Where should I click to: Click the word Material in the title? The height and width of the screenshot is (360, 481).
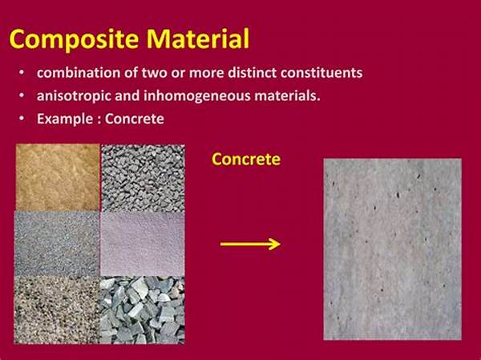click(198, 38)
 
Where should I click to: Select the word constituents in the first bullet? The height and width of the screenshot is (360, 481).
click(321, 73)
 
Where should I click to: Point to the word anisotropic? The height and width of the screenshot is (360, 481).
click(74, 96)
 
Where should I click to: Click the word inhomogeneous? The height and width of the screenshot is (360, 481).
click(196, 96)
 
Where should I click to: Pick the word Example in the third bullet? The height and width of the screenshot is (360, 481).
click(64, 119)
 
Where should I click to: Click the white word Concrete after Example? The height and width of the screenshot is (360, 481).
click(135, 119)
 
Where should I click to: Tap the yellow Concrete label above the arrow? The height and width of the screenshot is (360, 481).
click(246, 159)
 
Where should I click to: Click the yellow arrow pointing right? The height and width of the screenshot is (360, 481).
click(250, 245)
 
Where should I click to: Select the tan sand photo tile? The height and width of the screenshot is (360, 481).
click(58, 177)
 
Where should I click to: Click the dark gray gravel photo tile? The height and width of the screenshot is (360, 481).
click(143, 178)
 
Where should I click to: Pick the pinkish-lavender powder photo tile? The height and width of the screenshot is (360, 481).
click(143, 244)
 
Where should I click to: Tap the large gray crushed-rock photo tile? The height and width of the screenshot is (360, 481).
click(143, 309)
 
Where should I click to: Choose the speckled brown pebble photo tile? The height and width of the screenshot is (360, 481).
click(57, 309)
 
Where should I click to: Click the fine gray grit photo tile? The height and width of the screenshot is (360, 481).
click(57, 244)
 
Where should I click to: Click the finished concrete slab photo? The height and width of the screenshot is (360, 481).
click(392, 249)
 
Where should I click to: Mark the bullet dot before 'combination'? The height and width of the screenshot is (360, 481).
click(21, 73)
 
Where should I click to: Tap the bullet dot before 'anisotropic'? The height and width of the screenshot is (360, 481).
click(21, 95)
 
